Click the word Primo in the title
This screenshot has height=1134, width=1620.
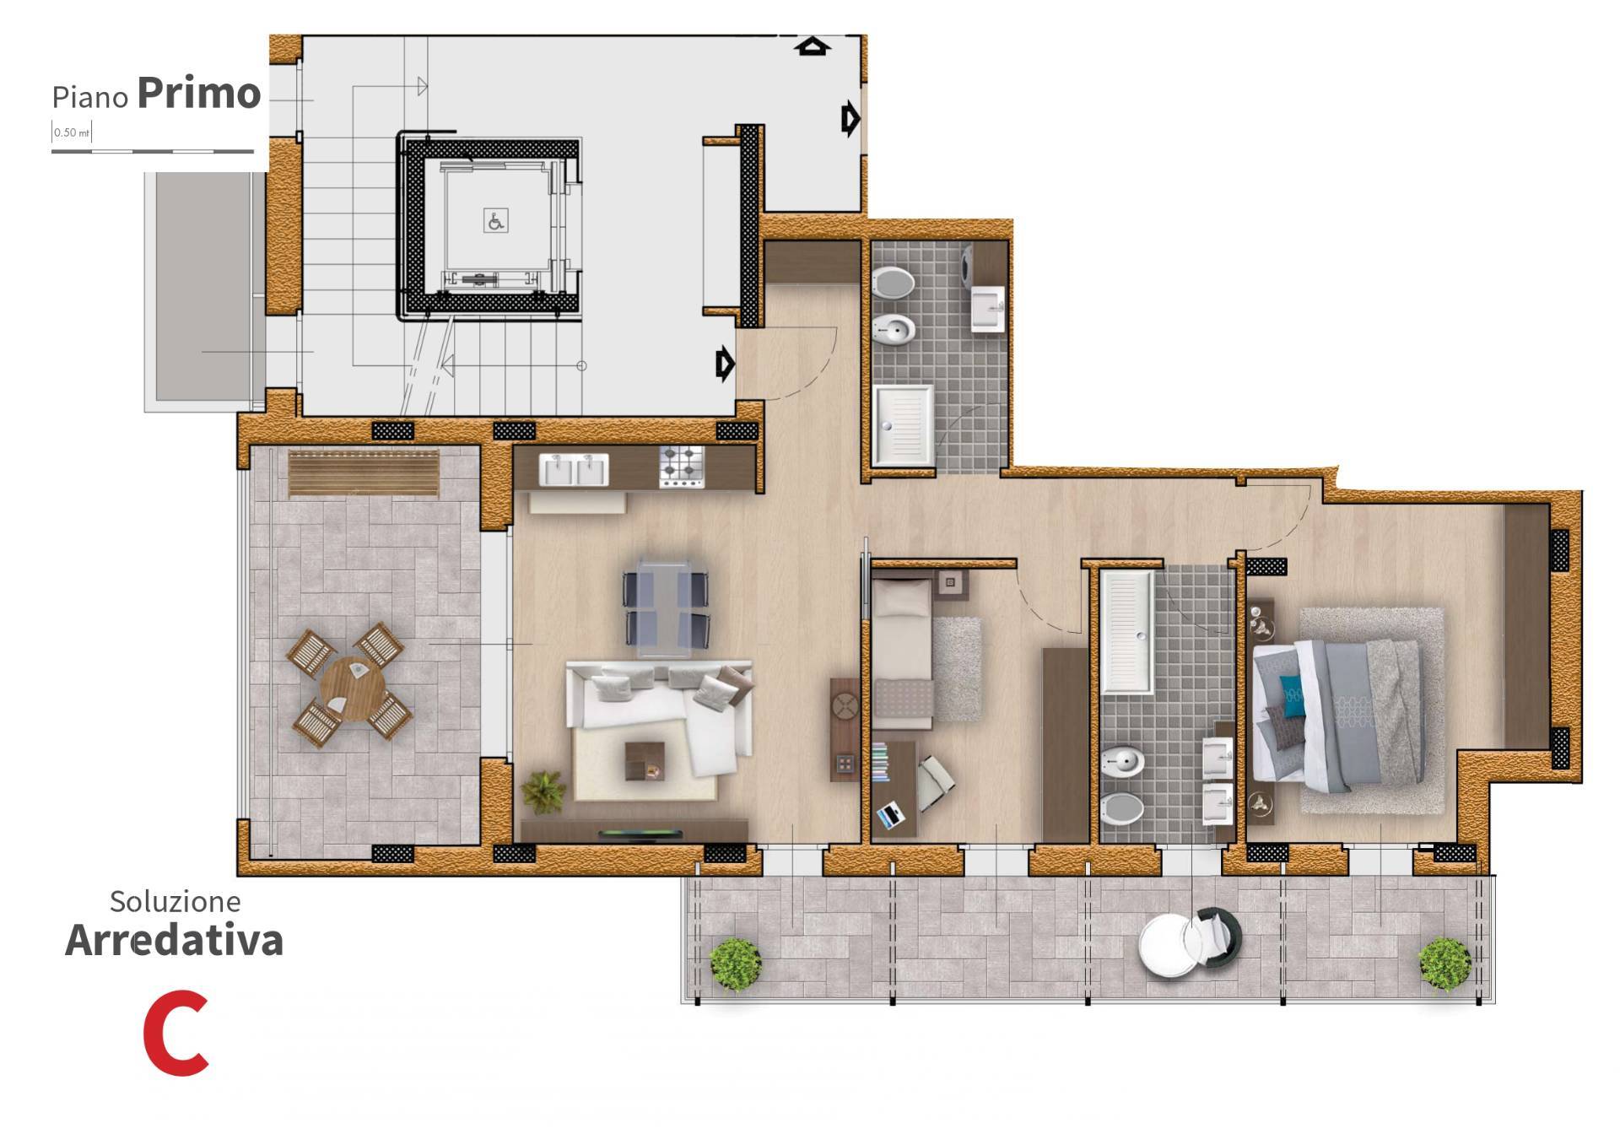coord(199,93)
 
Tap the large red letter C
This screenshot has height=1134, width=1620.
coord(176,1034)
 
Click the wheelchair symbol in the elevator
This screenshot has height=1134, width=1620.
coord(496,221)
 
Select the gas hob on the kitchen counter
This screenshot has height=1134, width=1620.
coord(682,467)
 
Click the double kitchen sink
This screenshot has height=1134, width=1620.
coord(574,470)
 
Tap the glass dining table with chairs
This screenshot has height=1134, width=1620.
coord(666,607)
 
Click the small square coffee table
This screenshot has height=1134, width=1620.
coord(645,761)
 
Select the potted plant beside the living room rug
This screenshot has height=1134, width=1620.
coord(543,791)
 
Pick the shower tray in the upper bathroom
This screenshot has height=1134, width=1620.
coord(903,425)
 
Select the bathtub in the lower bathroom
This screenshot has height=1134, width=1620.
coord(1126,632)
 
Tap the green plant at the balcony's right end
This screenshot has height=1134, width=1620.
coord(1444,964)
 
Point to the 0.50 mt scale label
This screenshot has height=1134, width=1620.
coord(72,132)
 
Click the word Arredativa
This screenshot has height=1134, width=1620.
coord(174,940)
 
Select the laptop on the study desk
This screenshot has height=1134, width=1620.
coord(890,816)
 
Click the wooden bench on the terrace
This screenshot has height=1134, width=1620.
coord(364,474)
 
